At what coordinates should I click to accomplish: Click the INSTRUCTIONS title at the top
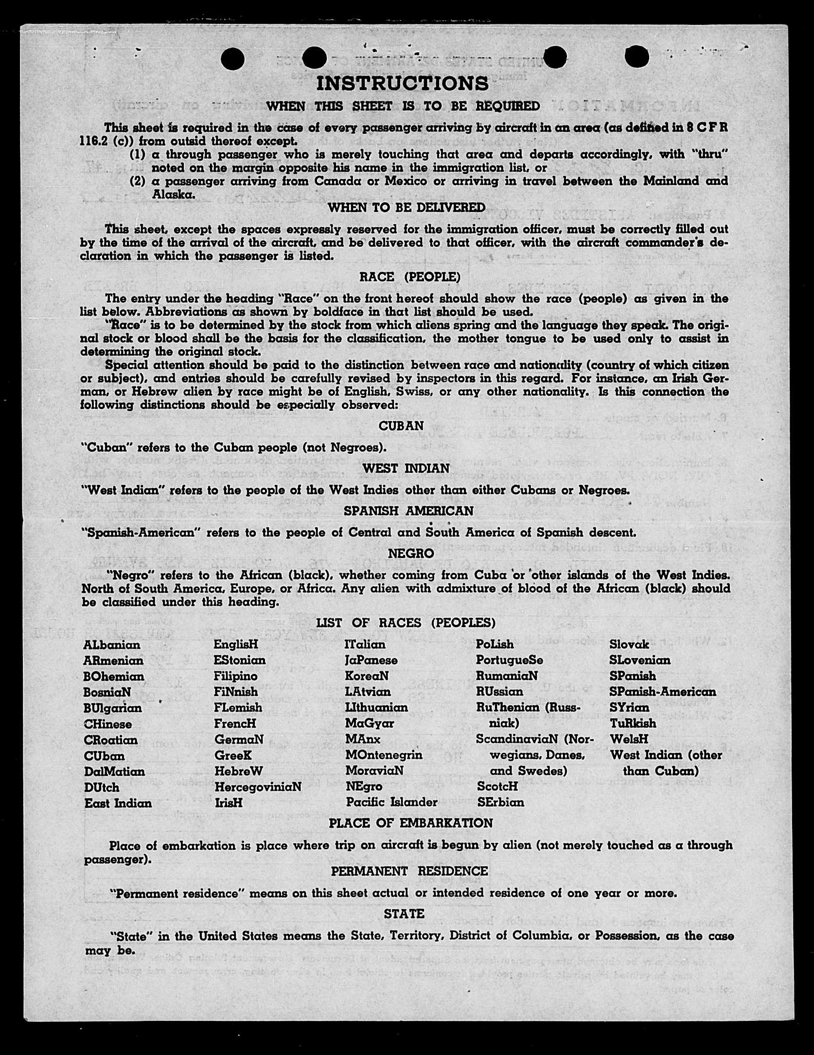(403, 84)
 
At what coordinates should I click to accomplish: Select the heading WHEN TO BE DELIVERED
(407, 208)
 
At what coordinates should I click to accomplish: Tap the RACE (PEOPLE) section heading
(409, 277)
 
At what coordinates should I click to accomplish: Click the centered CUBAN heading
(401, 426)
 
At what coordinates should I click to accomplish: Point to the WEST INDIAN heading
(406, 468)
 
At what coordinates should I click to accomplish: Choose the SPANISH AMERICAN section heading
(408, 511)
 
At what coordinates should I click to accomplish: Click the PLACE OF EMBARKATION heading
(410, 823)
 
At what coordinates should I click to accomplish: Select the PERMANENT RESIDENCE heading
(409, 871)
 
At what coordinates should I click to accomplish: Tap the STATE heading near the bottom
(404, 914)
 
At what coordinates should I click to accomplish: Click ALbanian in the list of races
(112, 645)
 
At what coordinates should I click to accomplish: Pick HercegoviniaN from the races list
(258, 787)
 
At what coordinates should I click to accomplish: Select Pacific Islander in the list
(391, 802)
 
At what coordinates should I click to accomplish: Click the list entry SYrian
(629, 707)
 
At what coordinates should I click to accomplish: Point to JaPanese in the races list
(372, 661)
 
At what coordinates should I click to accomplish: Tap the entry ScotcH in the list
(497, 787)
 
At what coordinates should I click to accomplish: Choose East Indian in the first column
(118, 803)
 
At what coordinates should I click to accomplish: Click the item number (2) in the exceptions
(138, 181)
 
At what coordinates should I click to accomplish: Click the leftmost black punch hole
(232, 59)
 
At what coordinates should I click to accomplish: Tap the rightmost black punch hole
(637, 57)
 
